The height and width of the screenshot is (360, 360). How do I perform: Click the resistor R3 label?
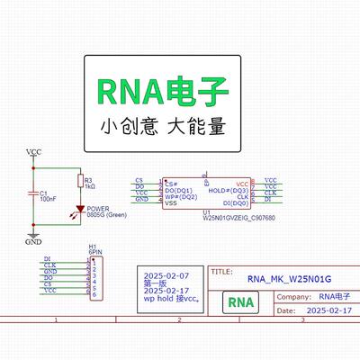[x=88, y=181]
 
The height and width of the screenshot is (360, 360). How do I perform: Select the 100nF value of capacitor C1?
[x=47, y=198]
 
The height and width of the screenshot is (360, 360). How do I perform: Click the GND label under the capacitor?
[x=32, y=242]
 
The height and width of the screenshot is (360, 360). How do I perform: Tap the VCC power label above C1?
[x=33, y=151]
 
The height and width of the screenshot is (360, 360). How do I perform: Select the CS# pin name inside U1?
[x=170, y=183]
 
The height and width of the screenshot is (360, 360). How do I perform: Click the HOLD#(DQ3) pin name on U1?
[x=228, y=190]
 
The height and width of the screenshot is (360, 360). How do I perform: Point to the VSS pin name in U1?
[x=170, y=203]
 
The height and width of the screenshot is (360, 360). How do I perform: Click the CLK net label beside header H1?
[x=49, y=265]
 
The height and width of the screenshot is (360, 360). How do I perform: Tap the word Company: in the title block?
[x=295, y=296]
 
